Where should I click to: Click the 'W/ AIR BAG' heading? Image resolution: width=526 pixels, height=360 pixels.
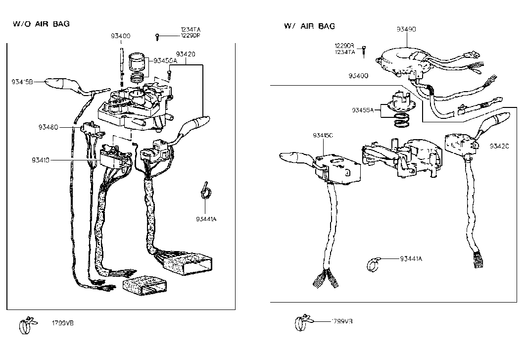click(309, 26)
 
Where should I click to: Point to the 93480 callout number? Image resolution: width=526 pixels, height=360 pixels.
click(48, 127)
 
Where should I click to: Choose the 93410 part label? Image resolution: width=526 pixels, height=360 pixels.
click(42, 160)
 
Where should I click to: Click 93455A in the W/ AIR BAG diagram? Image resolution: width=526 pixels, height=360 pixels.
click(363, 109)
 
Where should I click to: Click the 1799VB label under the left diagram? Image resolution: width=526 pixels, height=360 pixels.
click(63, 323)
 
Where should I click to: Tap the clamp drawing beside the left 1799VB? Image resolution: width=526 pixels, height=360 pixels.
click(27, 324)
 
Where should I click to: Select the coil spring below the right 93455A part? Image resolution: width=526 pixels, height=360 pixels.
click(399, 119)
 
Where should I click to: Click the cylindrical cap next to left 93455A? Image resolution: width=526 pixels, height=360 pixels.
click(138, 63)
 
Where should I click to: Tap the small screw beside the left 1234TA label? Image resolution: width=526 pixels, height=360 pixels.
click(156, 36)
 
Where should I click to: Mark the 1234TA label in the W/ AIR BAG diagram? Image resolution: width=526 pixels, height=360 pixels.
click(344, 51)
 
